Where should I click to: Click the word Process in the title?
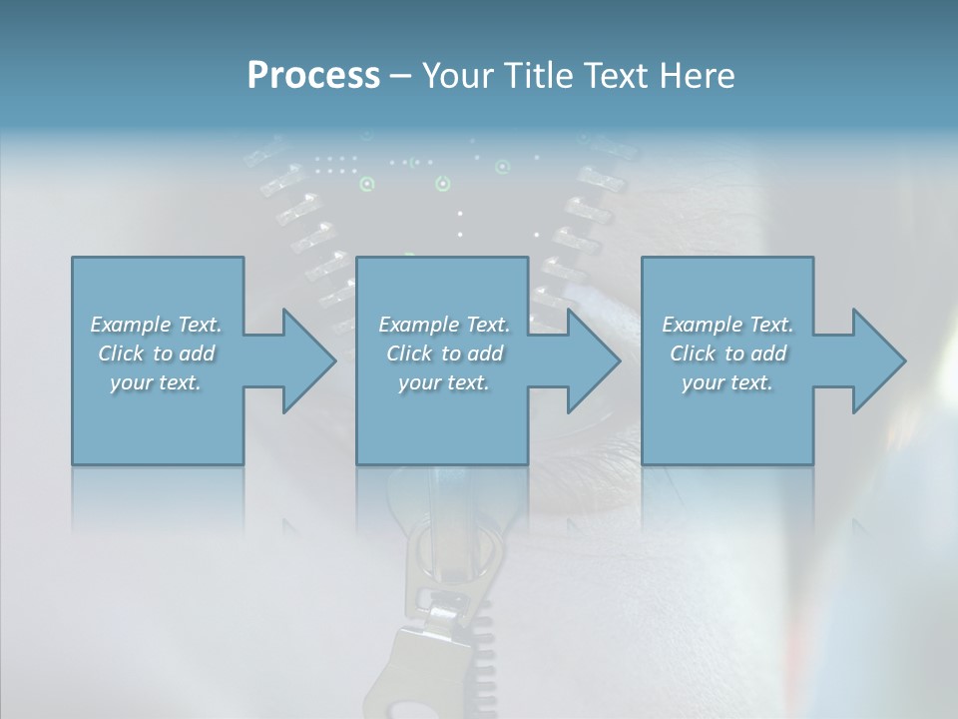coord(313,76)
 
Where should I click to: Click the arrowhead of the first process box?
coord(308,360)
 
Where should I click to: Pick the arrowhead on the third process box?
coord(878,360)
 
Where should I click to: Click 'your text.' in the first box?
coord(156,382)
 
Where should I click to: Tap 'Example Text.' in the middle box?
coord(444,325)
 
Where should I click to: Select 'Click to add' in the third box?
coord(728,354)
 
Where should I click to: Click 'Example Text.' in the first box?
coord(156,325)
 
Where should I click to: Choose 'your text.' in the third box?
coord(727,382)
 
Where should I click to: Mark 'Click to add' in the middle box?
coord(444,354)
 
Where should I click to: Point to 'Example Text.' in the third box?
coord(727,325)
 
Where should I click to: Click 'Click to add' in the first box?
coord(157,354)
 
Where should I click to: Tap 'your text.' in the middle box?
coord(444,382)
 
